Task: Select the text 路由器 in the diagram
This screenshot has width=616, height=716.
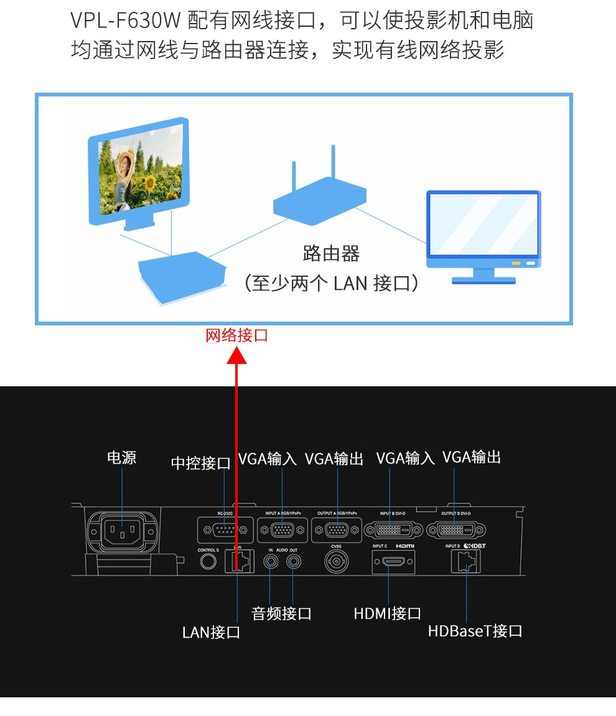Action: click(331, 254)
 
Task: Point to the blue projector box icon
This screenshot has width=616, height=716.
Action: click(181, 273)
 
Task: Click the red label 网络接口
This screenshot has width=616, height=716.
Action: click(236, 336)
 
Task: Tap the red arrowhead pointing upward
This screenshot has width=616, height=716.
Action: click(236, 356)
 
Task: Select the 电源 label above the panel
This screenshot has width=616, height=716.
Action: click(121, 458)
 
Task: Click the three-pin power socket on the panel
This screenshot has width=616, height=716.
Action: click(122, 531)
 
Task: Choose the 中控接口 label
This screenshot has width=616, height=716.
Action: click(201, 463)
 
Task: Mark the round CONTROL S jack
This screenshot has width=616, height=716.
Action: click(208, 561)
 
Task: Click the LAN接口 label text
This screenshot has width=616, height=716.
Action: click(211, 633)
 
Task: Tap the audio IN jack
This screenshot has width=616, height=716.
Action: click(271, 561)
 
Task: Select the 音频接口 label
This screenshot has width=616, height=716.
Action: click(281, 614)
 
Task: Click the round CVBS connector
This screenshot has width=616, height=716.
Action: click(336, 562)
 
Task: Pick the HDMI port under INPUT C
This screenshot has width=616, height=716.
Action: click(393, 562)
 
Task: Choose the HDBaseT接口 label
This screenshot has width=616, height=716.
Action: click(475, 631)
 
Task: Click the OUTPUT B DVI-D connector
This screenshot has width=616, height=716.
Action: click(455, 531)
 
